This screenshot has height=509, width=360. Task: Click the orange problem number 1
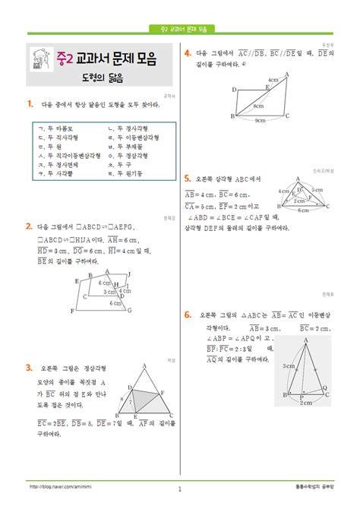tap(28, 104)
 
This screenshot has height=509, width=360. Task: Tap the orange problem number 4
tap(187, 54)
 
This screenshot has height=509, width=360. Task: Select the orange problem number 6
tap(187, 313)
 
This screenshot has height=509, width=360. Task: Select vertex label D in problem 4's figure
tap(234, 89)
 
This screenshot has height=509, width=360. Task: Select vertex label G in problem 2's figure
tap(130, 310)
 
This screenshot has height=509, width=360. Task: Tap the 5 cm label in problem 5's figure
tap(317, 189)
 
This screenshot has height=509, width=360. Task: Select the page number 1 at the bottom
tap(179, 490)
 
